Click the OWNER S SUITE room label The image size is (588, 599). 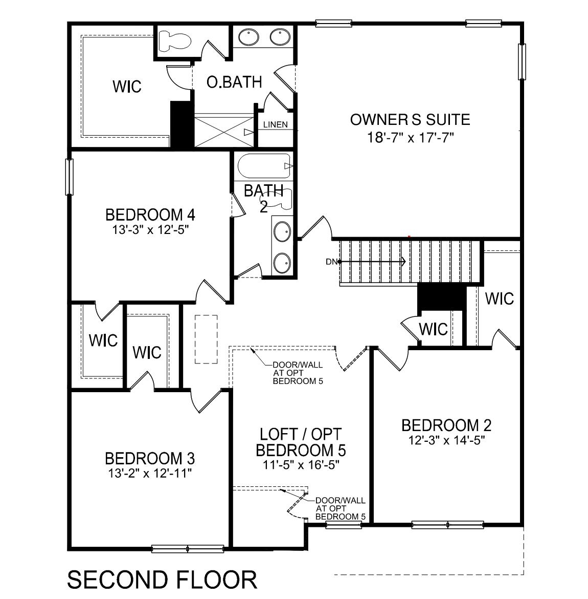(410, 120)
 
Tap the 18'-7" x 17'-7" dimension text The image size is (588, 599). (410, 138)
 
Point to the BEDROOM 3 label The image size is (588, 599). (150, 458)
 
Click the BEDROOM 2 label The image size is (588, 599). (446, 425)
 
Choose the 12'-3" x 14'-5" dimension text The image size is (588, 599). (446, 440)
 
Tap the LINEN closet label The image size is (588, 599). (275, 125)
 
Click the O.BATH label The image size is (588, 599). (234, 82)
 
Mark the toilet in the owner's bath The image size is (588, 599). (174, 41)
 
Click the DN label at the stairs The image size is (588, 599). (331, 262)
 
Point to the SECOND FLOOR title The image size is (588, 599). (162, 580)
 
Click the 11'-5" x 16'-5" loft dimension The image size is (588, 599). (301, 465)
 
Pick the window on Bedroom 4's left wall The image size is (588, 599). (69, 177)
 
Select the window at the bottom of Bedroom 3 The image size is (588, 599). (188, 549)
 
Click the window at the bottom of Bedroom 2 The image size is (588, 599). (447, 525)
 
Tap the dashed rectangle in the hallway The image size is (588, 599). (206, 339)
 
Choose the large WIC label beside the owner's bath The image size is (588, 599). (127, 87)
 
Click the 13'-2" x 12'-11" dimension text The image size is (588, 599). (150, 473)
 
